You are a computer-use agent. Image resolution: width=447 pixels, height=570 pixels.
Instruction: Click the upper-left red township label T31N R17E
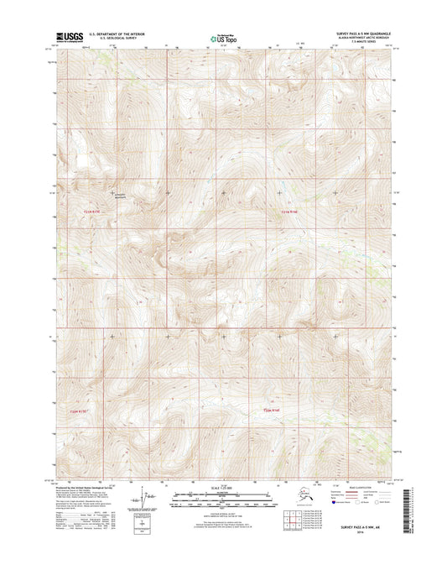point(97,212)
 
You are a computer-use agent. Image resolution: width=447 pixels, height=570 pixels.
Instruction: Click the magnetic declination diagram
point(152,499)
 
